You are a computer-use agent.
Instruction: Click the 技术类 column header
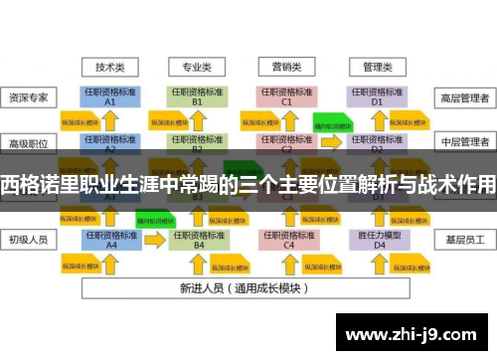click(x=110, y=68)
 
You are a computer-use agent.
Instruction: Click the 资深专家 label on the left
click(x=29, y=98)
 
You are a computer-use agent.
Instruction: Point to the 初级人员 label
click(x=29, y=239)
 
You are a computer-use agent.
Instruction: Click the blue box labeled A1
click(x=110, y=96)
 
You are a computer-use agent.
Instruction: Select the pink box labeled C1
click(x=286, y=96)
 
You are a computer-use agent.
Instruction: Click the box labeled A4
click(x=110, y=239)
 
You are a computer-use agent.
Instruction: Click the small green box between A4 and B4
click(x=154, y=215)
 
